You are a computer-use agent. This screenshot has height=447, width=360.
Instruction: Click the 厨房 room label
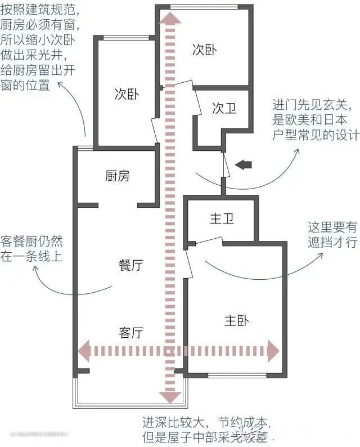(x=117, y=176)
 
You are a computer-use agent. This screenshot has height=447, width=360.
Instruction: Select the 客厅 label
(x=131, y=332)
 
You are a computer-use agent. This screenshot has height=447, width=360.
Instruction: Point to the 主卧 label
(x=236, y=320)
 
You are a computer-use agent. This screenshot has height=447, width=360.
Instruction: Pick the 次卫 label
(x=224, y=109)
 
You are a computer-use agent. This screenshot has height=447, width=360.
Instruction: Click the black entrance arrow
(x=244, y=165)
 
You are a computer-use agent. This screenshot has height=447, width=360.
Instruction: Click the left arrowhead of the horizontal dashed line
(x=84, y=351)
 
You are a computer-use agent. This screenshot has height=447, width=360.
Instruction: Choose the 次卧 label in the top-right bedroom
(x=204, y=50)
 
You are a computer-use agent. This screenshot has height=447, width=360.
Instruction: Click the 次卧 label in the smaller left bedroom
(x=127, y=93)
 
